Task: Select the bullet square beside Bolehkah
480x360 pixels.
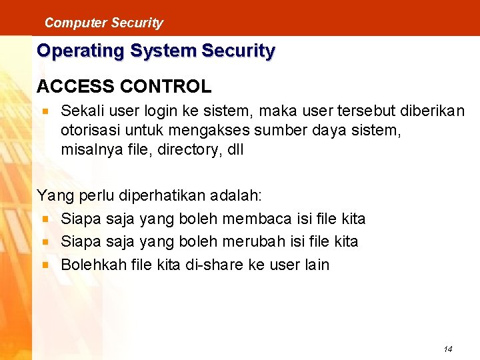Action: [x=45, y=265]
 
